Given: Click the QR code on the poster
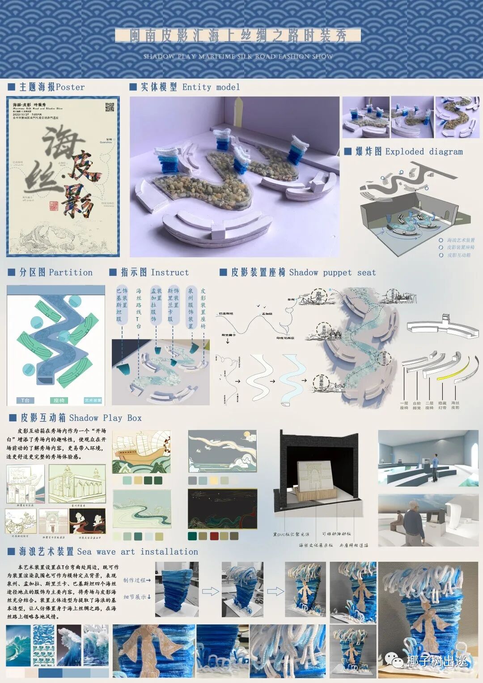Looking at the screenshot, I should point(110,107).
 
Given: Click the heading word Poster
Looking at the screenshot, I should point(70,87).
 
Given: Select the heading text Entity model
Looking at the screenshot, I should point(211,87).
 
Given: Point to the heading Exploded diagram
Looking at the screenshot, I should point(424,152).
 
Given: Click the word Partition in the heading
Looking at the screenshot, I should point(71,272).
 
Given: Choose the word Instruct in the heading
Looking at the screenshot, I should point(170,272).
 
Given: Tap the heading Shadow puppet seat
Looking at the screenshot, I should point(332,272).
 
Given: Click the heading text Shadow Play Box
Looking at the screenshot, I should point(106,418).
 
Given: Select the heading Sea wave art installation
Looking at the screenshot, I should point(138,552).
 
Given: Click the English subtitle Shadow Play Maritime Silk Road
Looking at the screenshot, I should point(238,57).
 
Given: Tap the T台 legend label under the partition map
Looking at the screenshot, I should point(25,400).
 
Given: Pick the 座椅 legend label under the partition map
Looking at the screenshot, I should point(59,400).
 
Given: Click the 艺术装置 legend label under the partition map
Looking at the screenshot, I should point(93,400).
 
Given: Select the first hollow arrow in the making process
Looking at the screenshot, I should point(210,592).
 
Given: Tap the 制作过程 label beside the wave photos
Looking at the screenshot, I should point(136,580).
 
